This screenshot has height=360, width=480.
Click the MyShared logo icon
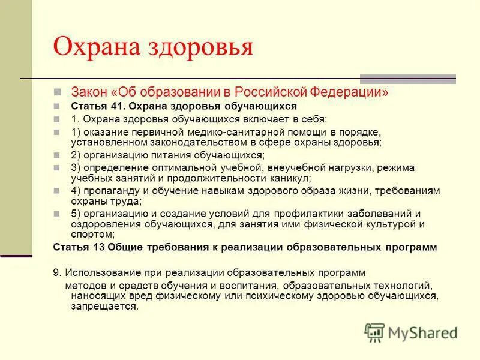pos(375,332)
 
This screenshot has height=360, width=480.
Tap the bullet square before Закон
pos(58,93)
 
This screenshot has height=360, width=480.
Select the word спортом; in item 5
pos(92,234)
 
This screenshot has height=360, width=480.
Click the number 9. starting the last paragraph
pos(58,272)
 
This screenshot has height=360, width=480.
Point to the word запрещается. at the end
pos(104,305)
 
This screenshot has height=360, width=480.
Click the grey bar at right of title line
pos(407,79)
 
